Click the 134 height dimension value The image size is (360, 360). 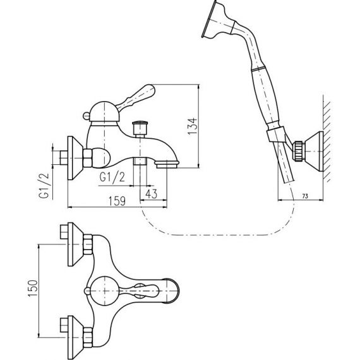[x=193, y=126]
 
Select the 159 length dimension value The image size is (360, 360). [x=117, y=201]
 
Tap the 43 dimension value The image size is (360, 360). [x=152, y=194]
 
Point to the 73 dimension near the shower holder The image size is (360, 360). [x=305, y=196]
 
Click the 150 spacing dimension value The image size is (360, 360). [x=33, y=289]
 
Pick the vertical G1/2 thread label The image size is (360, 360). [x=44, y=186]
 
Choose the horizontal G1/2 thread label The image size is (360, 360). [x=112, y=177]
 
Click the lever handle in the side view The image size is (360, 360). [x=135, y=97]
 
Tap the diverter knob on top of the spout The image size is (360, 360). [x=140, y=129]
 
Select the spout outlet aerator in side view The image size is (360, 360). [x=167, y=165]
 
